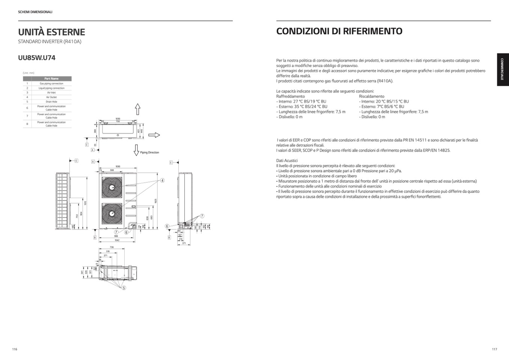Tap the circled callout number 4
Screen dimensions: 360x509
coord(163,181)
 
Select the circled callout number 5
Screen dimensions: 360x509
coord(124,288)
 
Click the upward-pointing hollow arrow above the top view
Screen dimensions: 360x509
coord(138,109)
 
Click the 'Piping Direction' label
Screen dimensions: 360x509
coord(149,152)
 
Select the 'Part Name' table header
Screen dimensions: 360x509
coord(51,78)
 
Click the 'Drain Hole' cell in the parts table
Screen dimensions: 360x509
coord(51,102)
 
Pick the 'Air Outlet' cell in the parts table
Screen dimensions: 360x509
coord(51,97)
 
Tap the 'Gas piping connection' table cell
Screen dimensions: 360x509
coord(51,84)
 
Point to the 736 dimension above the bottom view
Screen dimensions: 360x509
coord(111,247)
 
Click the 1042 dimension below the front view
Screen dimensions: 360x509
coord(117,240)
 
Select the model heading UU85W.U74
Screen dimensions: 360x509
coord(37,58)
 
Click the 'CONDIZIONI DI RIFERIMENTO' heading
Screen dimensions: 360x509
coord(339,31)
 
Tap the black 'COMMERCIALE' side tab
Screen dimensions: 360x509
coord(503,70)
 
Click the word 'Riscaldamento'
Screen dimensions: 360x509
coord(371,96)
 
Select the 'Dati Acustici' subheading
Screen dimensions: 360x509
coord(287,161)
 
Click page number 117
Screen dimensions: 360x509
coord(494,349)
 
